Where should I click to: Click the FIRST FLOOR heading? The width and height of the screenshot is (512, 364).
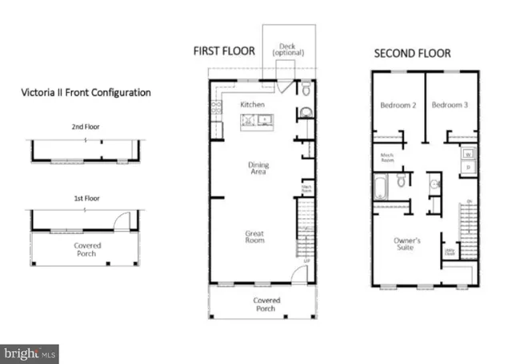pyautogui.click(x=224, y=51)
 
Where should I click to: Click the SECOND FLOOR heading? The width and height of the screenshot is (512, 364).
pyautogui.click(x=413, y=54)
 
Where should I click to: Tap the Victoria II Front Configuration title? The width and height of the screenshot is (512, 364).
pyautogui.click(x=86, y=92)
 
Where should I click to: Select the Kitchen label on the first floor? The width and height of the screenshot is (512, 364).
pyautogui.click(x=253, y=105)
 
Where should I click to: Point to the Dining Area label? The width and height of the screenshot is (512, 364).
pyautogui.click(x=257, y=168)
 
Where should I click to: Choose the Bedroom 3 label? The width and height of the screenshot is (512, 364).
pyautogui.click(x=450, y=105)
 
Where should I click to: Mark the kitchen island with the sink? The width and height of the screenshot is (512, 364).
pyautogui.click(x=259, y=121)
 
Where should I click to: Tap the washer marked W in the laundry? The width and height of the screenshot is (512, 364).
pyautogui.click(x=468, y=153)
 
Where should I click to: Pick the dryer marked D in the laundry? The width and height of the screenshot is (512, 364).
pyautogui.click(x=468, y=167)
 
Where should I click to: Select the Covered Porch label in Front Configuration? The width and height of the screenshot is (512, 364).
pyautogui.click(x=87, y=249)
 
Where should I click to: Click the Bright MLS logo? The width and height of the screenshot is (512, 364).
pyautogui.click(x=30, y=353)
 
